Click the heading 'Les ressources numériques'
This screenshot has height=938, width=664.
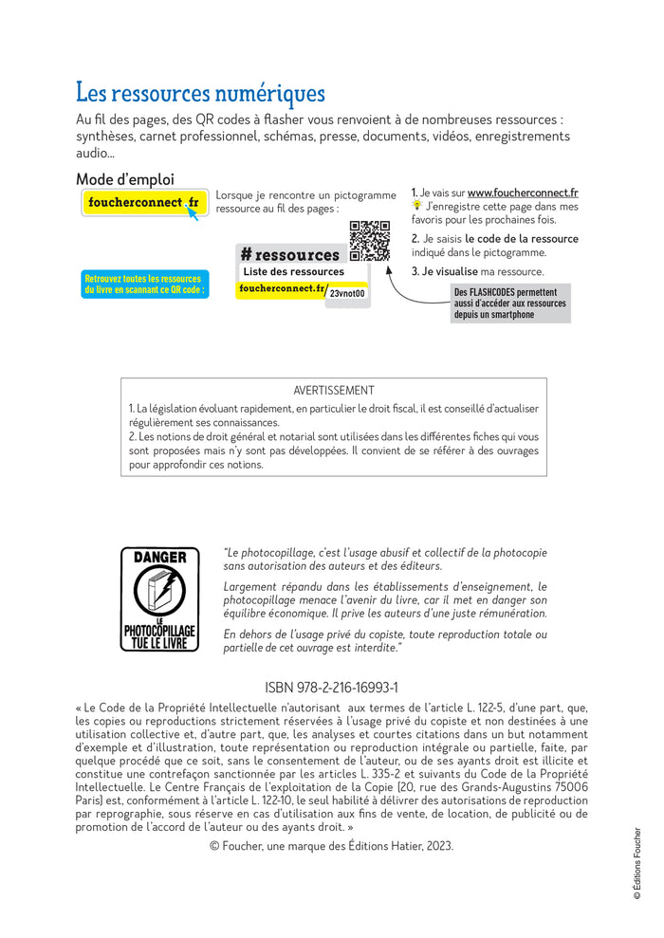tap(200, 94)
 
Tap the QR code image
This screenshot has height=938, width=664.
tap(370, 241)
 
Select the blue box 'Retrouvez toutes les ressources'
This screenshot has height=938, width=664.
tap(143, 285)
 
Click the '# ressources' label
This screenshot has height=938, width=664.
tap(290, 254)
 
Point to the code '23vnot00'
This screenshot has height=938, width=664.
tap(348, 294)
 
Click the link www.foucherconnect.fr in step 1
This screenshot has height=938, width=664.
tap(523, 193)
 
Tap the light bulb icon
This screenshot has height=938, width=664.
tap(416, 206)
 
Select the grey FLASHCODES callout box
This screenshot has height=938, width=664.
tap(510, 303)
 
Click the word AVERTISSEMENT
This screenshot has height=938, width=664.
tap(333, 390)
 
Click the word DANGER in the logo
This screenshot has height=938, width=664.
tap(159, 558)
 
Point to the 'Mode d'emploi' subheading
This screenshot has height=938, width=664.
tap(125, 179)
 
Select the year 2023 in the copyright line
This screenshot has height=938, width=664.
tap(438, 846)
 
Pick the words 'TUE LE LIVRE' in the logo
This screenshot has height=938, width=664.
tap(159, 643)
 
